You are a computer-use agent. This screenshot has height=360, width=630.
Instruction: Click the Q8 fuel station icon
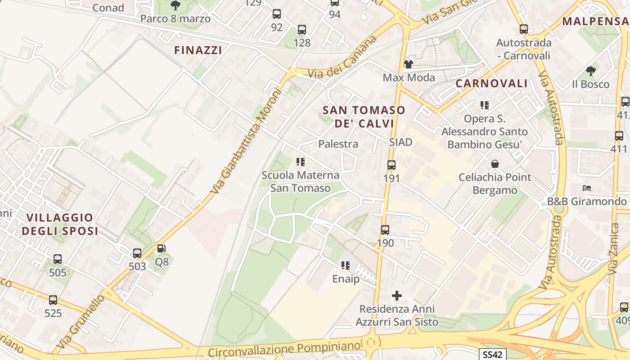[161, 248]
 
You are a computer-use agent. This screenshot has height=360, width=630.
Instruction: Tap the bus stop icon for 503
[137, 253]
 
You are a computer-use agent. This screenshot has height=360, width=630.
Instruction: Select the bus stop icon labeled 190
[385, 230]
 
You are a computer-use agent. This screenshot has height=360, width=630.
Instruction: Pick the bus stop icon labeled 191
[391, 165]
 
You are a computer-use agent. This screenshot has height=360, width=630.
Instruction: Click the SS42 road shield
[492, 354]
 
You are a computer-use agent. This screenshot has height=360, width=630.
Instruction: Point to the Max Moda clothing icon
[409, 64]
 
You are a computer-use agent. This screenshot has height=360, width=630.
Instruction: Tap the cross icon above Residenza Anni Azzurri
[397, 296]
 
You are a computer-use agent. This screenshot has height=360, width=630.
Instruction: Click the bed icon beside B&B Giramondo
[587, 188]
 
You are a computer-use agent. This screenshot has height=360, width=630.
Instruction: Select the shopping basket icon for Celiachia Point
[495, 164]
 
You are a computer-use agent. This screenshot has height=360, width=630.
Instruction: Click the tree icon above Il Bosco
[591, 71]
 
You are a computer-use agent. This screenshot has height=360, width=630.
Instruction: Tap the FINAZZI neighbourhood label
[198, 50]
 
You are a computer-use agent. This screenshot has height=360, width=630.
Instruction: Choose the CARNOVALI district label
[491, 83]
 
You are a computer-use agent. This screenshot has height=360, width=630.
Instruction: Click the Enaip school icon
[346, 265]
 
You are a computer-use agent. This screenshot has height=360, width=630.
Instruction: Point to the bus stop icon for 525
[53, 300]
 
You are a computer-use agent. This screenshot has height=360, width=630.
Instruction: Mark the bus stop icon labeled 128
[301, 30]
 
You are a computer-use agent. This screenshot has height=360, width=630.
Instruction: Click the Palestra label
[338, 144]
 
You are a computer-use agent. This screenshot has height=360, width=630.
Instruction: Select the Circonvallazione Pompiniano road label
[285, 349]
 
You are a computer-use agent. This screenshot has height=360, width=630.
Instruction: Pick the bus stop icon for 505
[58, 259]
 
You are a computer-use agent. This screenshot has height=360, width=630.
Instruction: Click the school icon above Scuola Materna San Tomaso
[301, 162]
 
